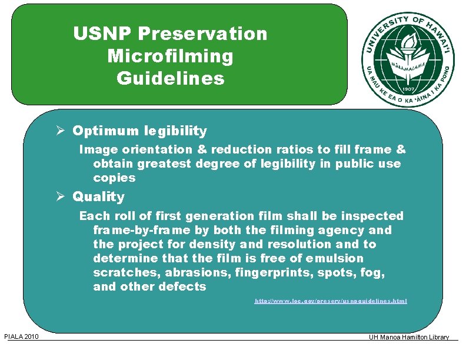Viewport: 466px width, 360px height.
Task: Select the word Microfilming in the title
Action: (x=171, y=56)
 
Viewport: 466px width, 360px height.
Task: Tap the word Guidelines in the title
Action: (x=171, y=78)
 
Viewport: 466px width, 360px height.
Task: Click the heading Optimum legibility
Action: (x=140, y=131)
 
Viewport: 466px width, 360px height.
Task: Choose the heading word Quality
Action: (x=99, y=196)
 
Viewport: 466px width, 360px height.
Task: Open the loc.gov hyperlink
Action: (x=331, y=301)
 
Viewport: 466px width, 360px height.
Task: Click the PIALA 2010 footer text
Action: (x=21, y=336)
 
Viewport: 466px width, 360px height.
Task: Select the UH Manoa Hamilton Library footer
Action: (x=409, y=337)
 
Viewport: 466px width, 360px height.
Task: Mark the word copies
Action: (x=114, y=178)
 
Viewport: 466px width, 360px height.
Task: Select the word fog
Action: (x=374, y=272)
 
